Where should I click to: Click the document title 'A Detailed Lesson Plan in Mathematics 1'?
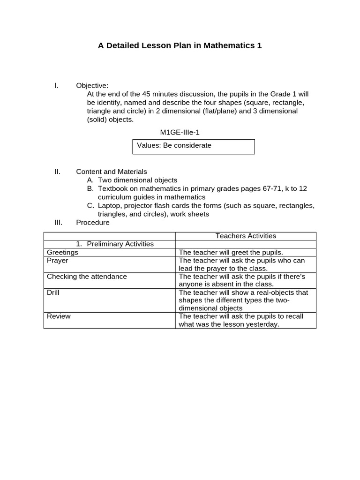point(180,45)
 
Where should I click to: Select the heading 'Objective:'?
point(92,85)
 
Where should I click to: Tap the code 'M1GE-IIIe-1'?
point(180,133)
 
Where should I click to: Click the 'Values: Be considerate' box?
point(194,146)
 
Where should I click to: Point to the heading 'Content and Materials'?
point(111,172)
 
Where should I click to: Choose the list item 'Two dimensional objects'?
point(137,180)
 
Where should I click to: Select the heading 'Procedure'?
point(92,222)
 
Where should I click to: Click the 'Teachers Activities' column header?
point(246,236)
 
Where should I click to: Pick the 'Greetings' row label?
point(62,252)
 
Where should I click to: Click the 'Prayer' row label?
point(57,260)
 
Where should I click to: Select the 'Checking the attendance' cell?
point(87,276)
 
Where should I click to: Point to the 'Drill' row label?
point(53,292)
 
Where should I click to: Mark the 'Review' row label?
point(59,316)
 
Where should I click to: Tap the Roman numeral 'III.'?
point(58,222)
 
